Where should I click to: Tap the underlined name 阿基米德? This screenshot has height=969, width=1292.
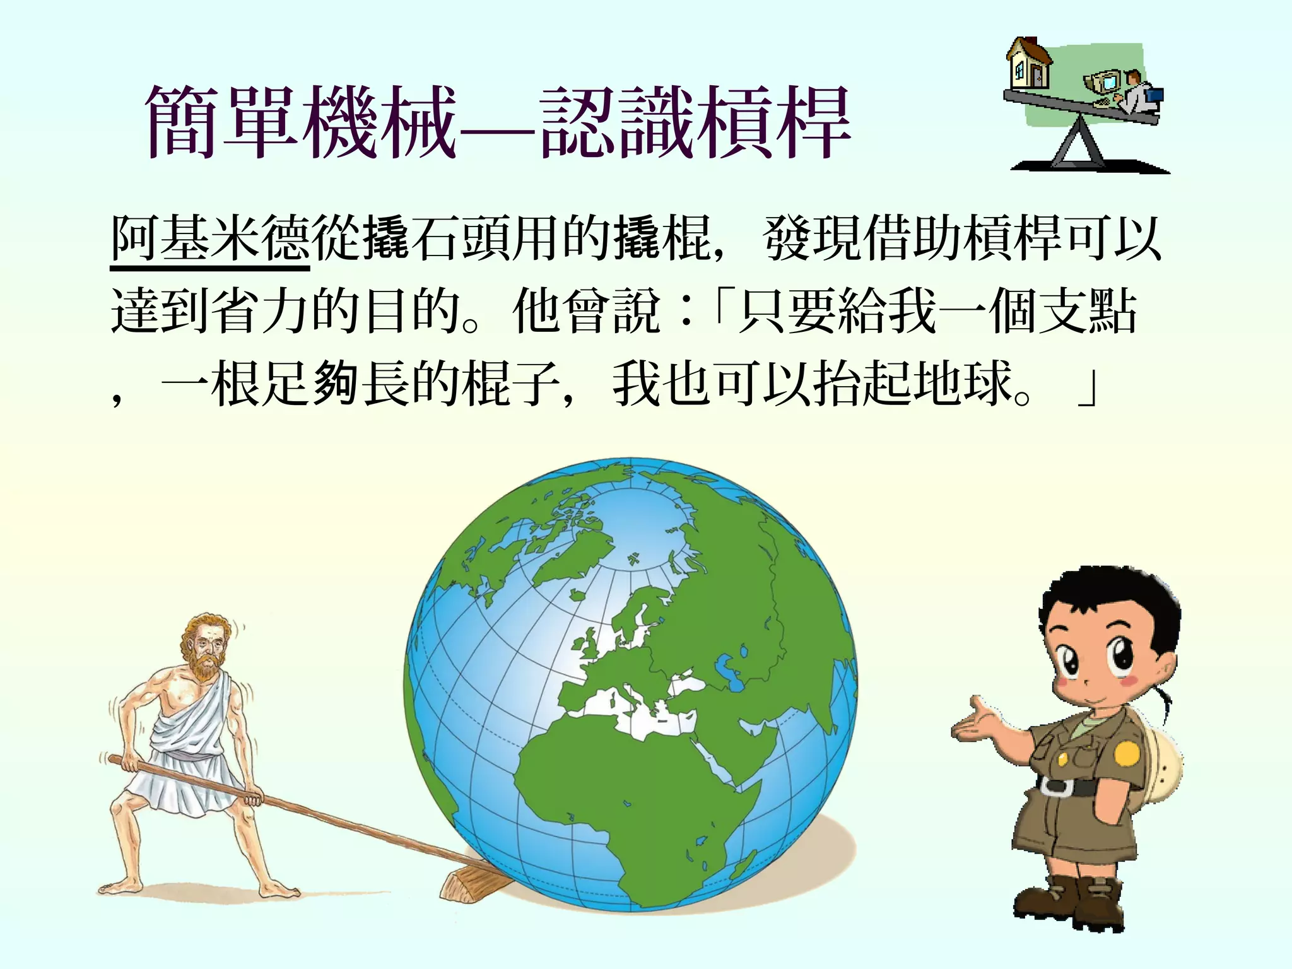[209, 238]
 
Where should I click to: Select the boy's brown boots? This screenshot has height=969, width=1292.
[1072, 899]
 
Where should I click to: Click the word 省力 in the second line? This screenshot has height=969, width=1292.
[237, 311]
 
